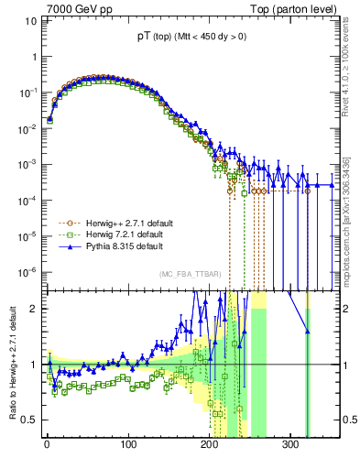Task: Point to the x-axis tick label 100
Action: click(127, 444)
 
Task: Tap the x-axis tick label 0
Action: click(47, 444)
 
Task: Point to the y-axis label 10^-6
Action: click(26, 271)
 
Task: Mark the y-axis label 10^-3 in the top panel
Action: click(26, 164)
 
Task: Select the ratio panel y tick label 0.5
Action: click(29, 420)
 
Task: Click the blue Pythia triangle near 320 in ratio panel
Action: click(307, 331)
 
